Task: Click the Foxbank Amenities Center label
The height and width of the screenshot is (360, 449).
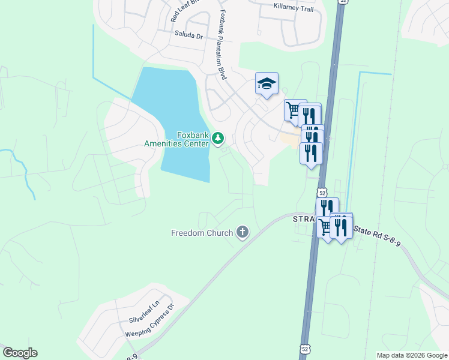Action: pyautogui.click(x=176, y=139)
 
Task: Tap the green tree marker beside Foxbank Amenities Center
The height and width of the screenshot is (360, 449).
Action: pyautogui.click(x=217, y=139)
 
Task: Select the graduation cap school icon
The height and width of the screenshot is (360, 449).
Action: pyautogui.click(x=267, y=84)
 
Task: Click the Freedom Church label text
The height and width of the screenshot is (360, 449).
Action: pyautogui.click(x=202, y=233)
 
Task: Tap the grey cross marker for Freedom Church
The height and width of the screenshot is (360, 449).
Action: pyautogui.click(x=243, y=232)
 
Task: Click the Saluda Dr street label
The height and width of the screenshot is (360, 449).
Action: pyautogui.click(x=190, y=35)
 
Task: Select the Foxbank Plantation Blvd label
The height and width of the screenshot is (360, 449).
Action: pyautogui.click(x=222, y=45)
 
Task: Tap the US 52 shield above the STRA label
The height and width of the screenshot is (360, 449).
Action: pyautogui.click(x=322, y=193)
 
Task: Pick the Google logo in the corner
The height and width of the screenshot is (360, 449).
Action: pyautogui.click(x=20, y=353)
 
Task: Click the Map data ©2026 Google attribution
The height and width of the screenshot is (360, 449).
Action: pyautogui.click(x=411, y=355)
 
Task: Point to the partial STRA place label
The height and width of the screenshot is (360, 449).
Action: pyautogui.click(x=304, y=219)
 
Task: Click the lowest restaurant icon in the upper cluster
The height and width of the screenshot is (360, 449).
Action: pyautogui.click(x=311, y=152)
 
